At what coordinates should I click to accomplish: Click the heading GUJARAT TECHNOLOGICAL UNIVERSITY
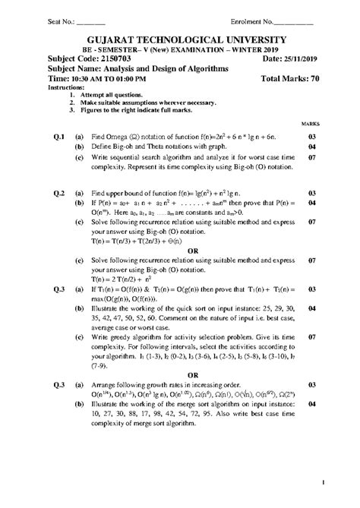(180, 39)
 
